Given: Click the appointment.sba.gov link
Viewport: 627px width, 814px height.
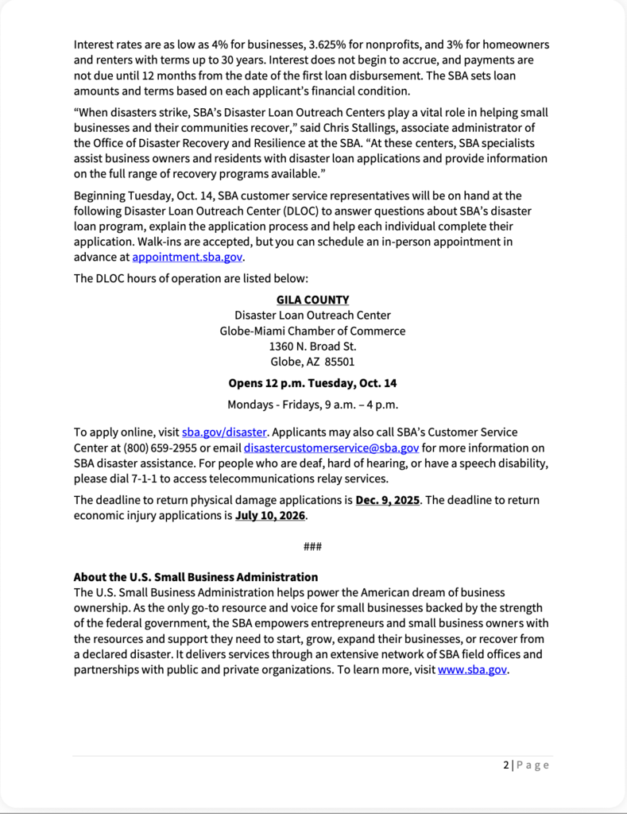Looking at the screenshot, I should [188, 258].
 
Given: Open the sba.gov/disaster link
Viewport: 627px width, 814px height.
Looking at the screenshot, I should [224, 432].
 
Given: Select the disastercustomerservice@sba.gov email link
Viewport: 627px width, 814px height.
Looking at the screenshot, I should [331, 448].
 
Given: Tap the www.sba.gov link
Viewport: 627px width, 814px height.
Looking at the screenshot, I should [472, 669].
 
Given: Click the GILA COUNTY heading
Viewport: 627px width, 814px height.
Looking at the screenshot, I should [312, 300].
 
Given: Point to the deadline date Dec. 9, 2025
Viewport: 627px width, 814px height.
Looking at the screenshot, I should [388, 500].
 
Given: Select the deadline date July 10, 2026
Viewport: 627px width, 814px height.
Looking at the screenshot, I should [270, 515].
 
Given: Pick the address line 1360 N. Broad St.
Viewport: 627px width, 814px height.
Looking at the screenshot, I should [312, 346].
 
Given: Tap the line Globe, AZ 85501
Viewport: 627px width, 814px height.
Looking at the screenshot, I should [312, 362].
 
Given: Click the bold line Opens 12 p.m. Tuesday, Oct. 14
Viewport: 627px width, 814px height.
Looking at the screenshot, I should [312, 382].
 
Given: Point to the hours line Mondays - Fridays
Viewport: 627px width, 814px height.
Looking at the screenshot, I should [312, 405].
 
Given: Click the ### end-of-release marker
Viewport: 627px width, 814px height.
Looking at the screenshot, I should [312, 547].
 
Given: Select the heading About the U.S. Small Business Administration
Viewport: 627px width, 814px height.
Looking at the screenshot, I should [195, 577].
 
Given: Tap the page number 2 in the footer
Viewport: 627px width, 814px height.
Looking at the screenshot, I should [506, 765].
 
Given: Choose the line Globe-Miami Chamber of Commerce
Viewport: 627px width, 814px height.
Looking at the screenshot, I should [312, 331].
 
